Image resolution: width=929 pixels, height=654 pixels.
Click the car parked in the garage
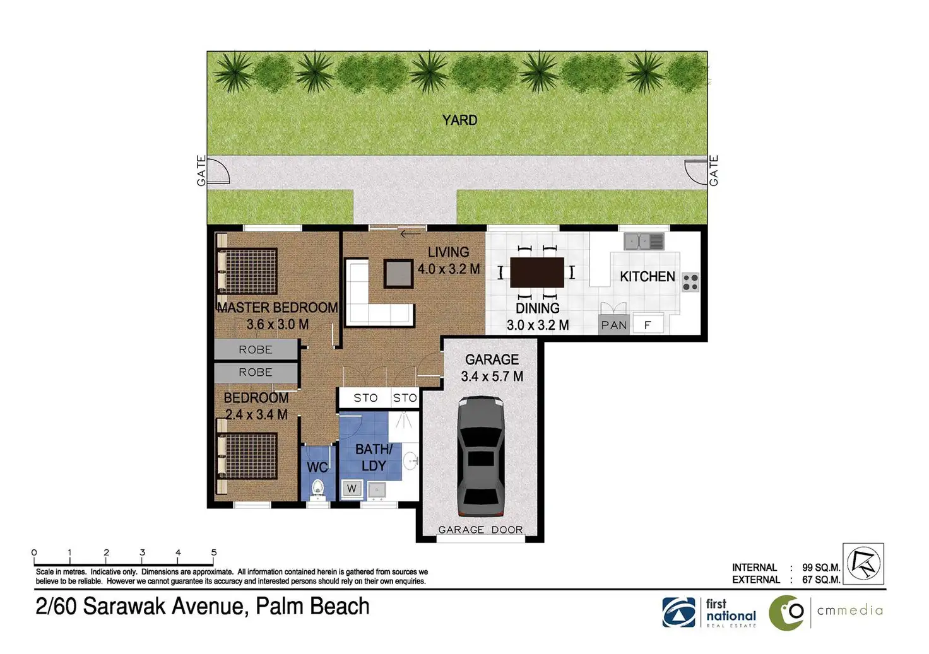[x=481, y=456]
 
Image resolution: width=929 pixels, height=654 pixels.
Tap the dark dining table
[x=536, y=272]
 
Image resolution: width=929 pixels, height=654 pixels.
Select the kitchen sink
[x=644, y=241]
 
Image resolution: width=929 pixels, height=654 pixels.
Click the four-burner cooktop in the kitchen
[x=690, y=283]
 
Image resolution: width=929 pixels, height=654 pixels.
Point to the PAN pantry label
[x=614, y=325]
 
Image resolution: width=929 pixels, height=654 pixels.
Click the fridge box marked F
[x=648, y=325]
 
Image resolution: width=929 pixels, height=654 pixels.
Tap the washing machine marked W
[x=352, y=489]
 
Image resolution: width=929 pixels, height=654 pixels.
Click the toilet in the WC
[x=317, y=489]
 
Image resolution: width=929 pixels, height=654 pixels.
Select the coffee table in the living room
[x=398, y=274]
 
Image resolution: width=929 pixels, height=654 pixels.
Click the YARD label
[x=459, y=120]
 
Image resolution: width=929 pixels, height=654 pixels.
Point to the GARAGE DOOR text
[x=480, y=530]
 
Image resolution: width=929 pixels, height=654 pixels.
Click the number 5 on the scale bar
[x=213, y=552]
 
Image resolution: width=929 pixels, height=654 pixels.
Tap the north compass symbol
[x=863, y=564]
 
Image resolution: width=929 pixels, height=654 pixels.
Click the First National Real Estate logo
[x=709, y=612]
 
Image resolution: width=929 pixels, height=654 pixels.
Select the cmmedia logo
[x=825, y=613]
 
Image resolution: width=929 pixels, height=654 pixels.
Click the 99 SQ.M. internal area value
[x=820, y=568]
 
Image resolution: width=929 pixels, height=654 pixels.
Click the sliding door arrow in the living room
[x=411, y=234]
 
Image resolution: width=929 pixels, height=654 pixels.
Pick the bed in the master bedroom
[x=246, y=271]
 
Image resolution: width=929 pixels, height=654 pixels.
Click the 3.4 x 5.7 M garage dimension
[x=492, y=377]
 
